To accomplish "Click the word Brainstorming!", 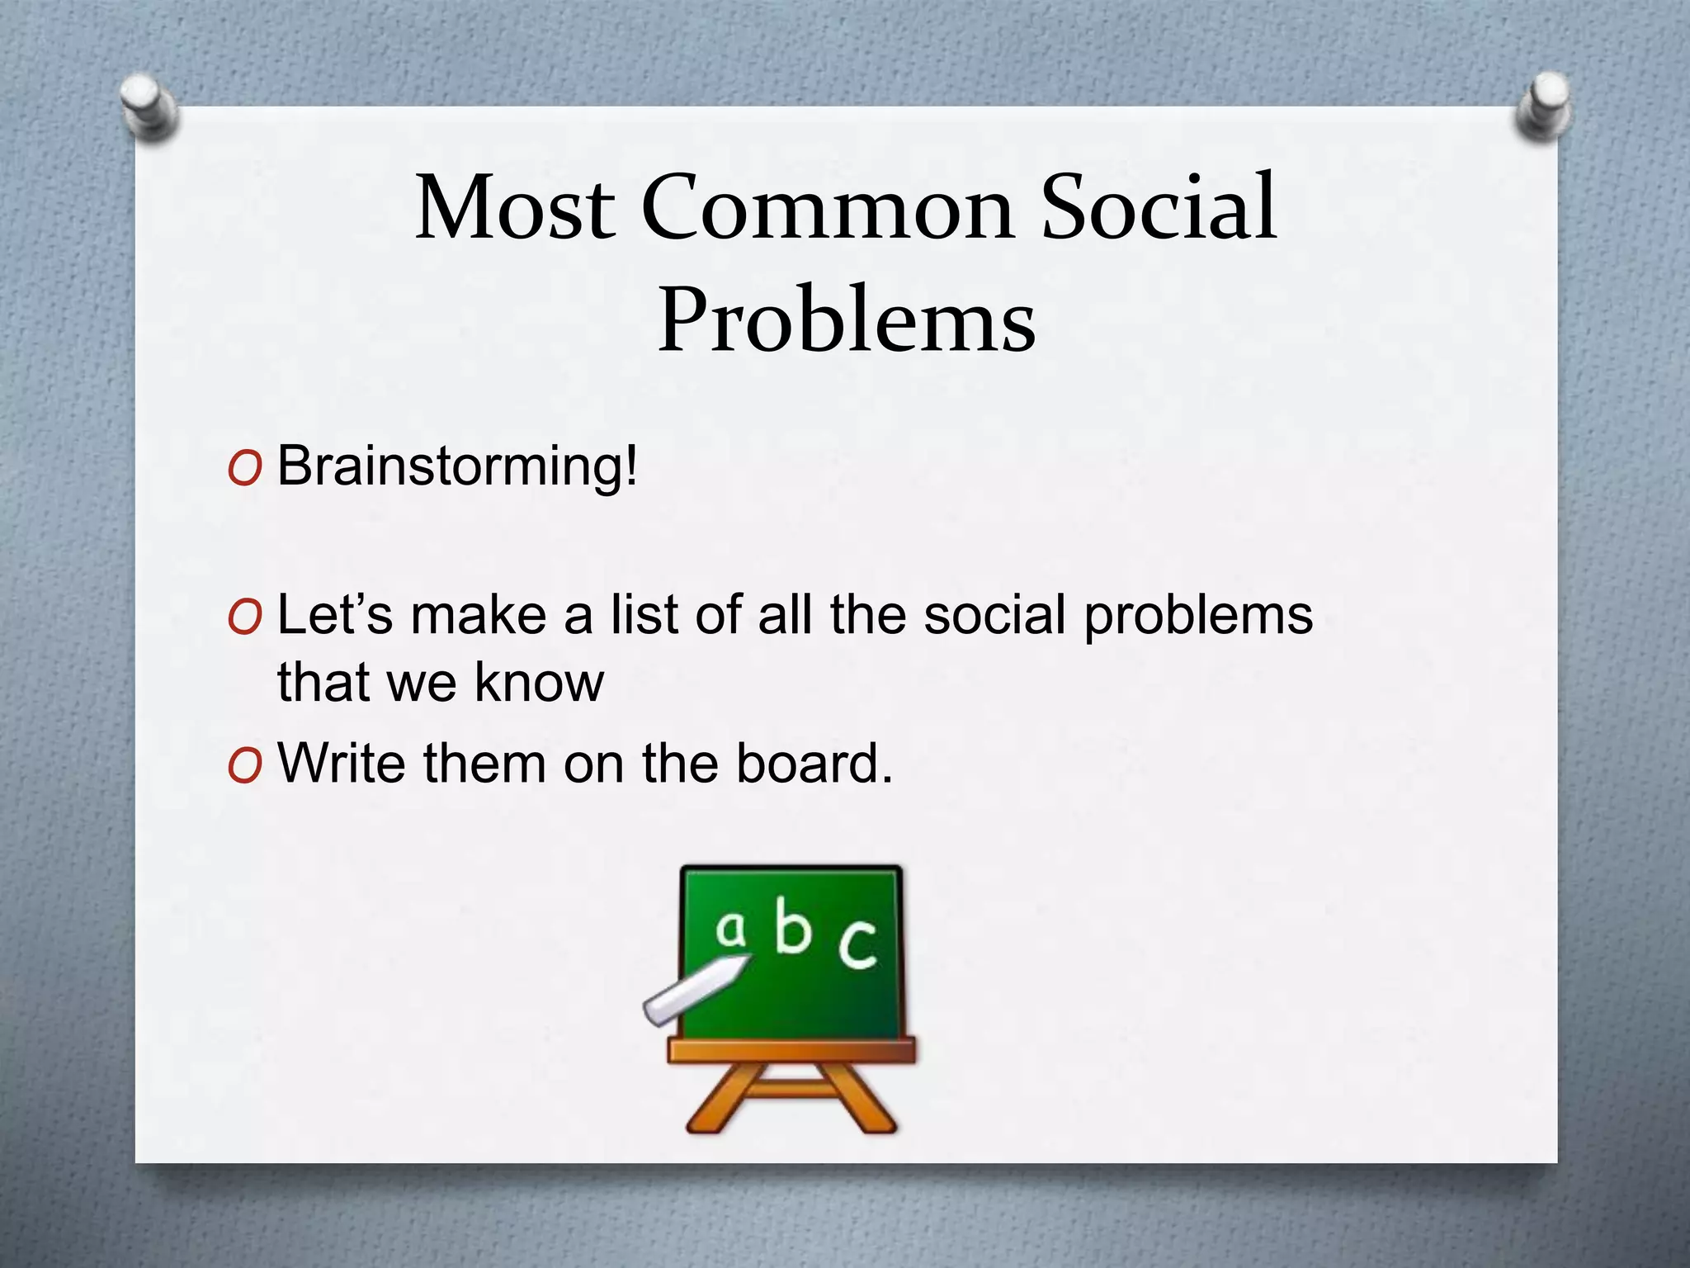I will click(x=457, y=467).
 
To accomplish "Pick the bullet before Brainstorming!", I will click(x=244, y=469).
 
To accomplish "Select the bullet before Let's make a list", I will click(x=244, y=617).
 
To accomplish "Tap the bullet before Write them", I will click(x=244, y=765).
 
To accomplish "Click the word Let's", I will click(x=334, y=615).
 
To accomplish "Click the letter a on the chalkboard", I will click(x=730, y=929).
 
